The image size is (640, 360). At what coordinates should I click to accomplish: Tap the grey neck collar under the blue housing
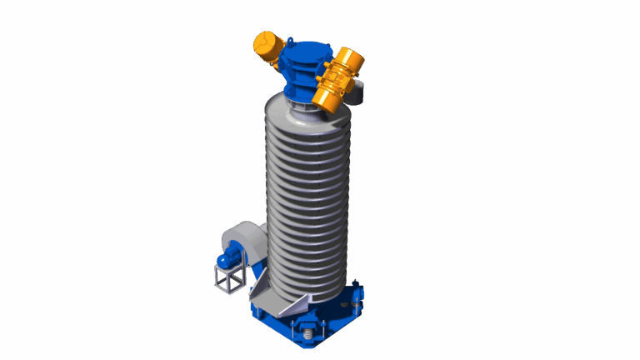click(302, 100)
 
